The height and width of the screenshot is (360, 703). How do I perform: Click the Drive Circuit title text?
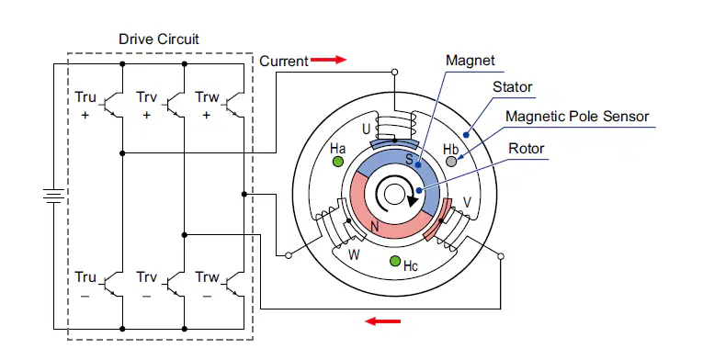(159, 39)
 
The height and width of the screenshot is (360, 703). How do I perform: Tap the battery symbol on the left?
(54, 196)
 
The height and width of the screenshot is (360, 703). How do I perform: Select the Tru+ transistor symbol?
(112, 105)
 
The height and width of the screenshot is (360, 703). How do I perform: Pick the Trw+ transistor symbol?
(234, 105)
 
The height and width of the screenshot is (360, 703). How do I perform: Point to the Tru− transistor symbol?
(112, 284)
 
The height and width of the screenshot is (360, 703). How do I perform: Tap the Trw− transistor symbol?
(234, 284)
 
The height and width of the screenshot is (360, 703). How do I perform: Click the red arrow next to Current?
(329, 60)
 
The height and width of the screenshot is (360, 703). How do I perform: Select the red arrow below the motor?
(382, 321)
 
